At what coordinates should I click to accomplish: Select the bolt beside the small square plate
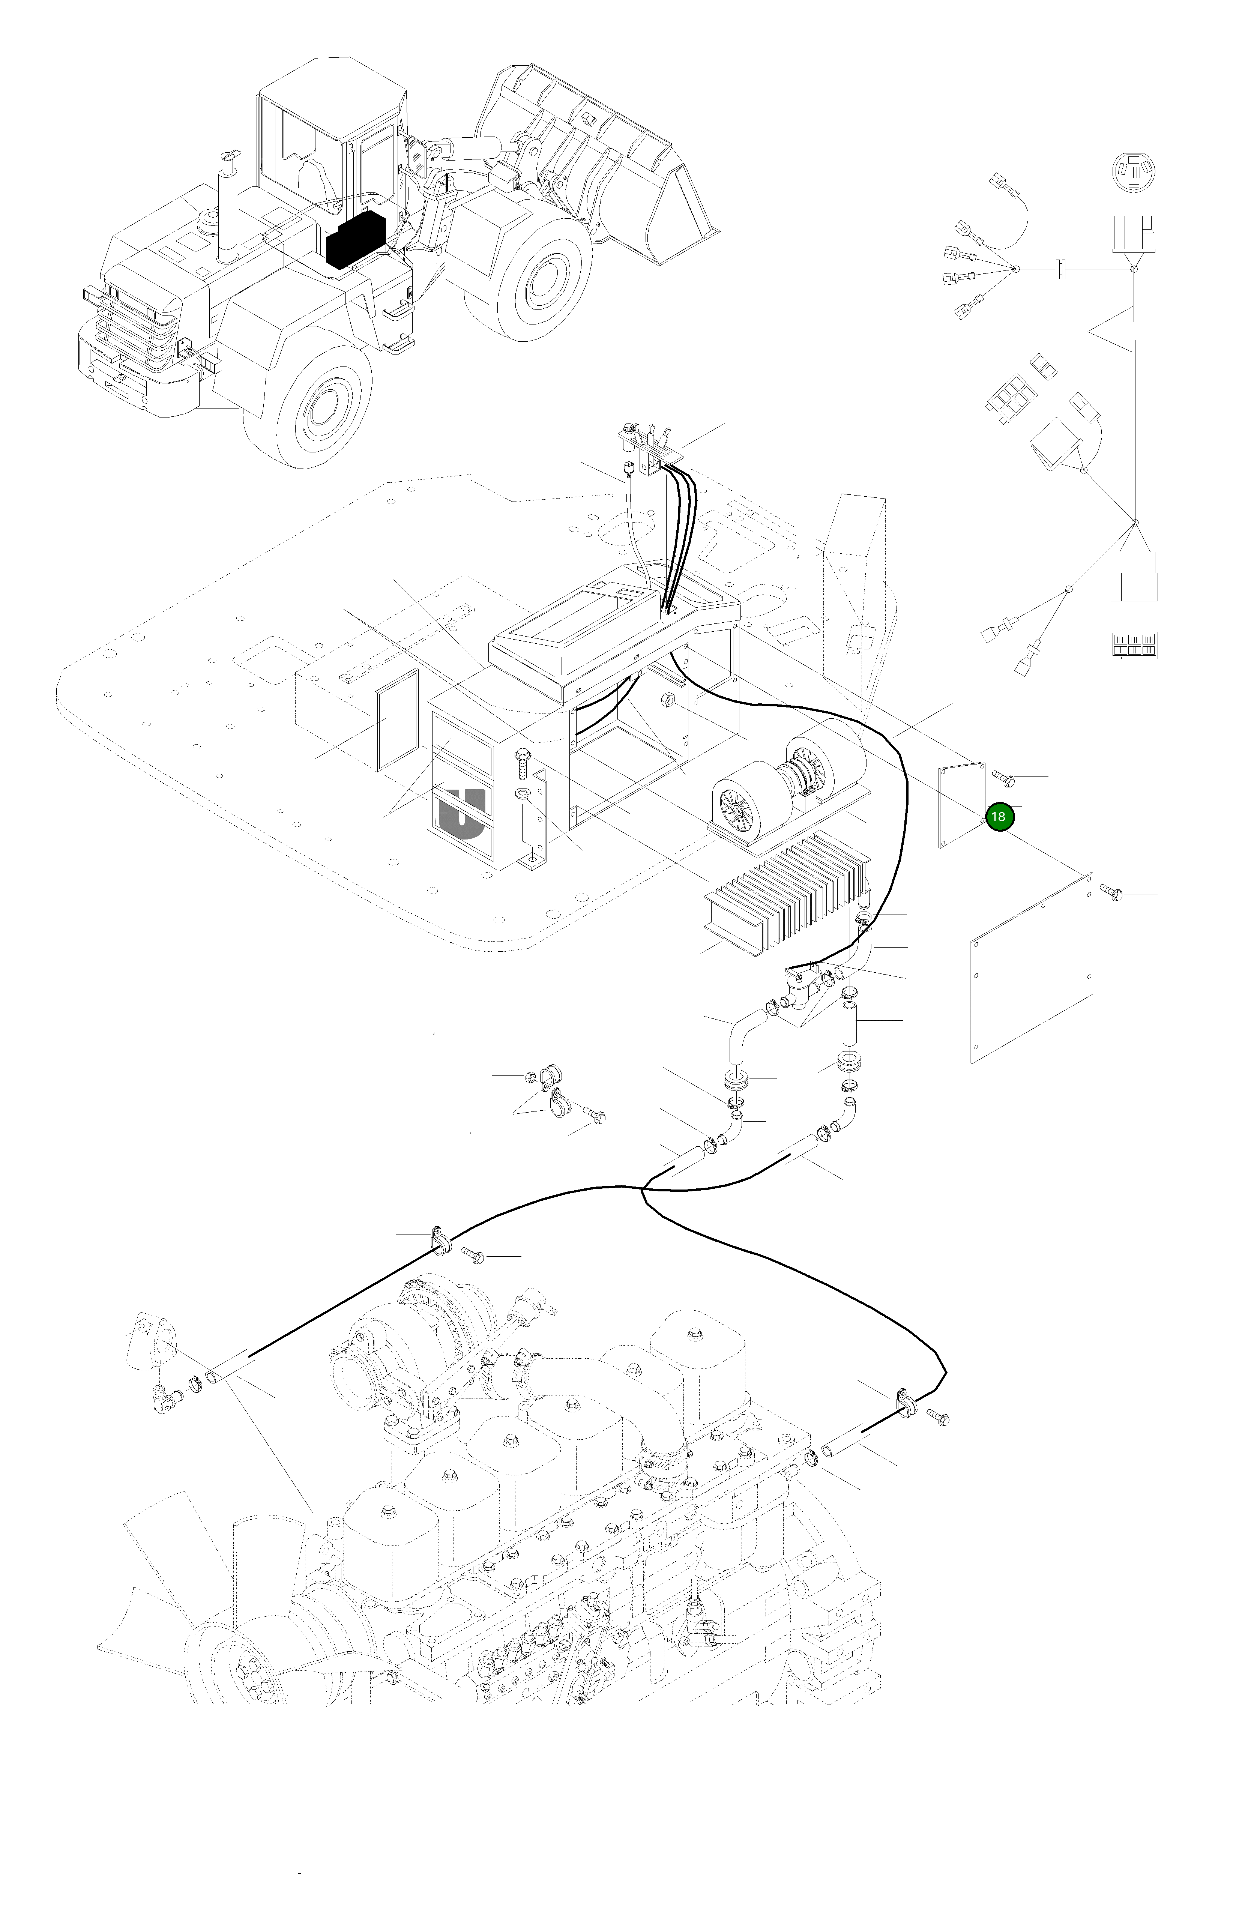point(1003,778)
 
